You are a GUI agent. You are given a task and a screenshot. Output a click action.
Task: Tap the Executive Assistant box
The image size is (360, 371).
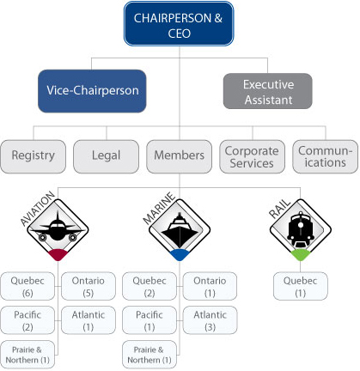click(x=268, y=91)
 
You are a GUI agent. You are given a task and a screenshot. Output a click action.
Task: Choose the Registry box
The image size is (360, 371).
click(x=34, y=155)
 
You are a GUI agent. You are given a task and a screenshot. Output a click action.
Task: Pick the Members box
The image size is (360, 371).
click(x=179, y=155)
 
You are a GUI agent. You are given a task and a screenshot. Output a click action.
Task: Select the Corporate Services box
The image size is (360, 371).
click(x=252, y=155)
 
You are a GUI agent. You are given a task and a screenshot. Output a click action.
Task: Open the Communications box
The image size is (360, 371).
click(x=324, y=155)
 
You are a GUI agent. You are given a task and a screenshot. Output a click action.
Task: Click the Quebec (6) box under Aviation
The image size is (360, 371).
click(x=28, y=286)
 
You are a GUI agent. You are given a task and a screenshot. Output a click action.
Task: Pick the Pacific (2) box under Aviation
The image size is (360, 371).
click(x=28, y=320)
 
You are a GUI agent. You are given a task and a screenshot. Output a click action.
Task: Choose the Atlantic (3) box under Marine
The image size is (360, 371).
click(x=211, y=320)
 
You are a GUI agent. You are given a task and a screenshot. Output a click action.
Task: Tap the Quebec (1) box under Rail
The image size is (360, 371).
click(x=300, y=286)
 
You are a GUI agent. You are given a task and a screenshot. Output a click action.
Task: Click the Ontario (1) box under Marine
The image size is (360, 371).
click(x=211, y=286)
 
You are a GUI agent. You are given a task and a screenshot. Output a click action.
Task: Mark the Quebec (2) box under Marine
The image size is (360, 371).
click(x=149, y=286)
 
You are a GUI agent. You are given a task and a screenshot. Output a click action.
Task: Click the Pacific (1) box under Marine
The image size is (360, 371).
click(x=149, y=320)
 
